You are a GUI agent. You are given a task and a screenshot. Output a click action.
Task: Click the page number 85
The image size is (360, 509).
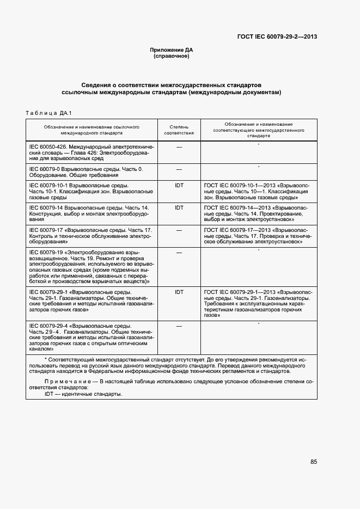click(314, 462)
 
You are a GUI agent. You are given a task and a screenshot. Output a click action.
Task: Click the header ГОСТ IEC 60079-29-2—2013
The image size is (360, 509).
click(277, 38)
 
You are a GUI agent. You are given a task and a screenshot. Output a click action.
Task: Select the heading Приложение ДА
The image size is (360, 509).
click(172, 50)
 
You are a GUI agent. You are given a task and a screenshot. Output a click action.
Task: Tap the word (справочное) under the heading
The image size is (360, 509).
click(172, 56)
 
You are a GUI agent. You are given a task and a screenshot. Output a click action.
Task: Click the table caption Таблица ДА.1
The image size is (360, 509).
click(50, 113)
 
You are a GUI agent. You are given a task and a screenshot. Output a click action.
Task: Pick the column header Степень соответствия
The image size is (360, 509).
click(179, 129)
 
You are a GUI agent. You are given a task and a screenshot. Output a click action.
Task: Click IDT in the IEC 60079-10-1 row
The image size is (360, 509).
click(179, 186)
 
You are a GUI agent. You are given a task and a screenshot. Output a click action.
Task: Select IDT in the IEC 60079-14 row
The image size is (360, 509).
click(179, 208)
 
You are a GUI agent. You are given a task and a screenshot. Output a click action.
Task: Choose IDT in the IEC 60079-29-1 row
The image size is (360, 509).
click(179, 292)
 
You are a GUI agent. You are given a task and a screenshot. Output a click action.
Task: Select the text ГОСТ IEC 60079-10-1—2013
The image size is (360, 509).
click(237, 186)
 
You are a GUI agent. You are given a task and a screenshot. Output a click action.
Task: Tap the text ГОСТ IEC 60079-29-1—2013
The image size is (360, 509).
click(237, 292)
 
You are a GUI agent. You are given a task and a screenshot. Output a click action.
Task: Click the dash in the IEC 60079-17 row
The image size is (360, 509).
click(179, 230)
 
